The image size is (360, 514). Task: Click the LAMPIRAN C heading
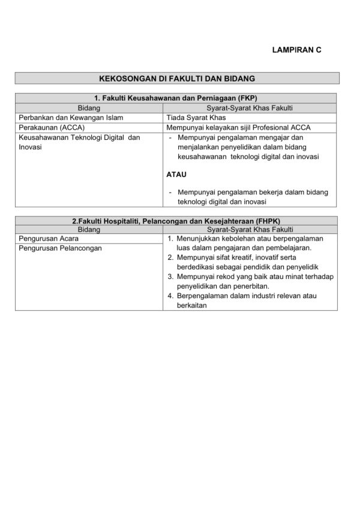(296, 50)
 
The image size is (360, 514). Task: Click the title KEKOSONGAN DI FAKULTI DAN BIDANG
(177, 79)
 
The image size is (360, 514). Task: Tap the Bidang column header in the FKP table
(89, 108)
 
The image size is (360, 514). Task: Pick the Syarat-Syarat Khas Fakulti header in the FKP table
(249, 108)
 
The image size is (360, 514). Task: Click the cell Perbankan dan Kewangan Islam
(70, 118)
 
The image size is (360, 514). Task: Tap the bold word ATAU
(176, 175)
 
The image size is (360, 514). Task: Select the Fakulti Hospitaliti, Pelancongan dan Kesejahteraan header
(176, 221)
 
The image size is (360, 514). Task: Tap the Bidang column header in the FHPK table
(89, 230)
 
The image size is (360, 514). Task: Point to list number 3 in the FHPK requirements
(170, 276)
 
